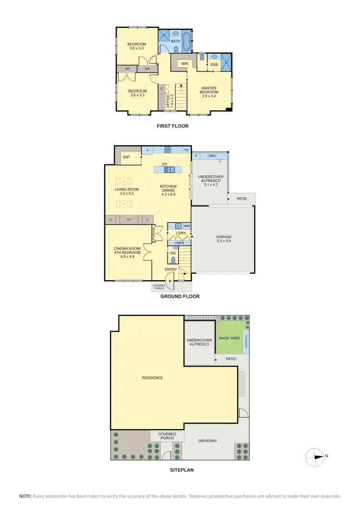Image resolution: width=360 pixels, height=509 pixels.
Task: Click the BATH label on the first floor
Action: [176, 41]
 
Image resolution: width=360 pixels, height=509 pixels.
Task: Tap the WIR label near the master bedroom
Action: [184, 63]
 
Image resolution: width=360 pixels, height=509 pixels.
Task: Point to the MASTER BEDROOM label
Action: [209, 91]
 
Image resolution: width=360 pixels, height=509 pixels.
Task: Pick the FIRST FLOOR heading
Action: [173, 126]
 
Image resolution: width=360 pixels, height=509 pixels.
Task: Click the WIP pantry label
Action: [127, 157]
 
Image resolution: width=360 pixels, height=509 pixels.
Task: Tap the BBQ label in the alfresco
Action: [212, 156]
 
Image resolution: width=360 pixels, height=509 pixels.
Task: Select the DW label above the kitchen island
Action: [164, 164]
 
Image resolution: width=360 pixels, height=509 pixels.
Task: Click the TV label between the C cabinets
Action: [129, 220]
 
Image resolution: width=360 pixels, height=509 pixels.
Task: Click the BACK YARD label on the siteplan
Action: [229, 338]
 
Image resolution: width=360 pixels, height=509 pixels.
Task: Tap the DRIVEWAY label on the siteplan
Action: [208, 440]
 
